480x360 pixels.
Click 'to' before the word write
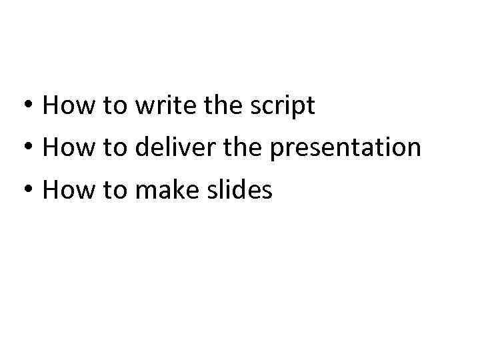pos(114,105)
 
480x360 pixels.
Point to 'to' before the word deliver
pos(114,148)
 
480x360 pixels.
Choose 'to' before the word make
pos(114,191)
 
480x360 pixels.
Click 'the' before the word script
pos(222,105)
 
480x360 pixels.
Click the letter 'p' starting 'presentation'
pos(276,150)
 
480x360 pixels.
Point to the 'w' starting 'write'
pos(143,107)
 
